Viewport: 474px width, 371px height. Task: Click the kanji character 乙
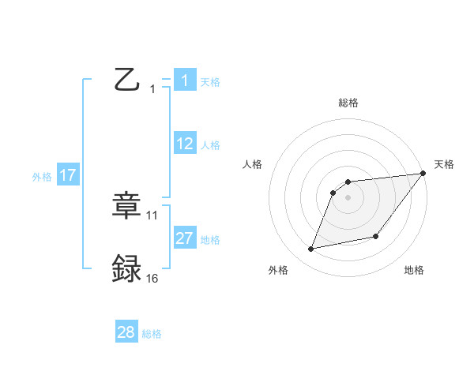[x=126, y=80]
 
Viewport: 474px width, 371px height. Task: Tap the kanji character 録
[x=126, y=268]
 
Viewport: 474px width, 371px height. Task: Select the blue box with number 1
[x=184, y=80]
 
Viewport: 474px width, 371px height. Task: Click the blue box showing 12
[x=185, y=143]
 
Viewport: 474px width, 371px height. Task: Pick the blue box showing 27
[x=185, y=238]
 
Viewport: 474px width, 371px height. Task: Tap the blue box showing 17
[x=68, y=175]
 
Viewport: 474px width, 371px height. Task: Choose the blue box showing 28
[x=126, y=332]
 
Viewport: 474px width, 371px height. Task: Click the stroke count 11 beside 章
[x=152, y=215]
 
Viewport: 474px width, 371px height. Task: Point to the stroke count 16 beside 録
[x=152, y=278]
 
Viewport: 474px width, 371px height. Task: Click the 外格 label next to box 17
[x=42, y=177]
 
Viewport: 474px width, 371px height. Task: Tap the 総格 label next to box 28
[x=152, y=334]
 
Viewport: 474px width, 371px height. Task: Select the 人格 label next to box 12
[x=210, y=145]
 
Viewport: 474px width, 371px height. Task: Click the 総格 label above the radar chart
[x=348, y=103]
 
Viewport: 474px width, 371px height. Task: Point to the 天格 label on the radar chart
[x=444, y=164]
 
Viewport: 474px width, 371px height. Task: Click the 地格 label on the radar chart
[x=414, y=270]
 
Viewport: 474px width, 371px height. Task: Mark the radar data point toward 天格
[x=423, y=173]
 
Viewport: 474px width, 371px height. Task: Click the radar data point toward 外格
[x=311, y=249]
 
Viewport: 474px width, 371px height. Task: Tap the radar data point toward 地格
[x=376, y=236]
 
